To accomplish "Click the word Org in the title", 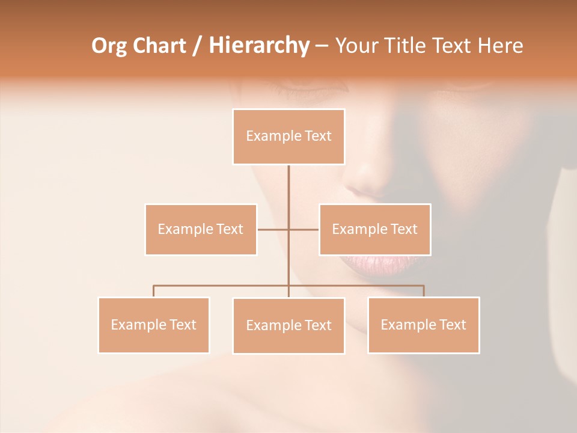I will click(x=110, y=46).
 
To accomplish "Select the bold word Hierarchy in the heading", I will click(x=258, y=46).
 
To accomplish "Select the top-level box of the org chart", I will click(x=288, y=137).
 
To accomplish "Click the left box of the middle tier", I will click(x=201, y=229).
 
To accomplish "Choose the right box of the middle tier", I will click(x=374, y=229).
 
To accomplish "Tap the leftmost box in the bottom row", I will click(x=154, y=325).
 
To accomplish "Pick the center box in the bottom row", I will click(x=288, y=325).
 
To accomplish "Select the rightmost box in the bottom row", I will click(x=423, y=325).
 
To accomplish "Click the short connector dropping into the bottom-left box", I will click(x=154, y=291).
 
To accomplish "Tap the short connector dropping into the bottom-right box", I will click(x=424, y=291).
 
